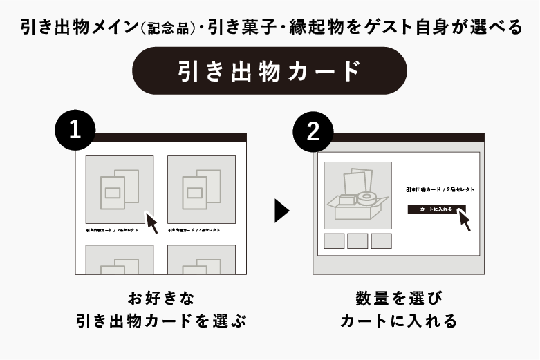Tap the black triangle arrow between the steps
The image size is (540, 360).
pos(281,211)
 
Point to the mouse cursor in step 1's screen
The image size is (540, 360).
pos(151,222)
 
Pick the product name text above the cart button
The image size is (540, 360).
pos(440,189)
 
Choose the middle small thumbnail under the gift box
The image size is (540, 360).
pos(357,240)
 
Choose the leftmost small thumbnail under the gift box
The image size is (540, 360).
pos(334,240)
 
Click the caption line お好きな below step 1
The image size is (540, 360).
pos(161,298)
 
